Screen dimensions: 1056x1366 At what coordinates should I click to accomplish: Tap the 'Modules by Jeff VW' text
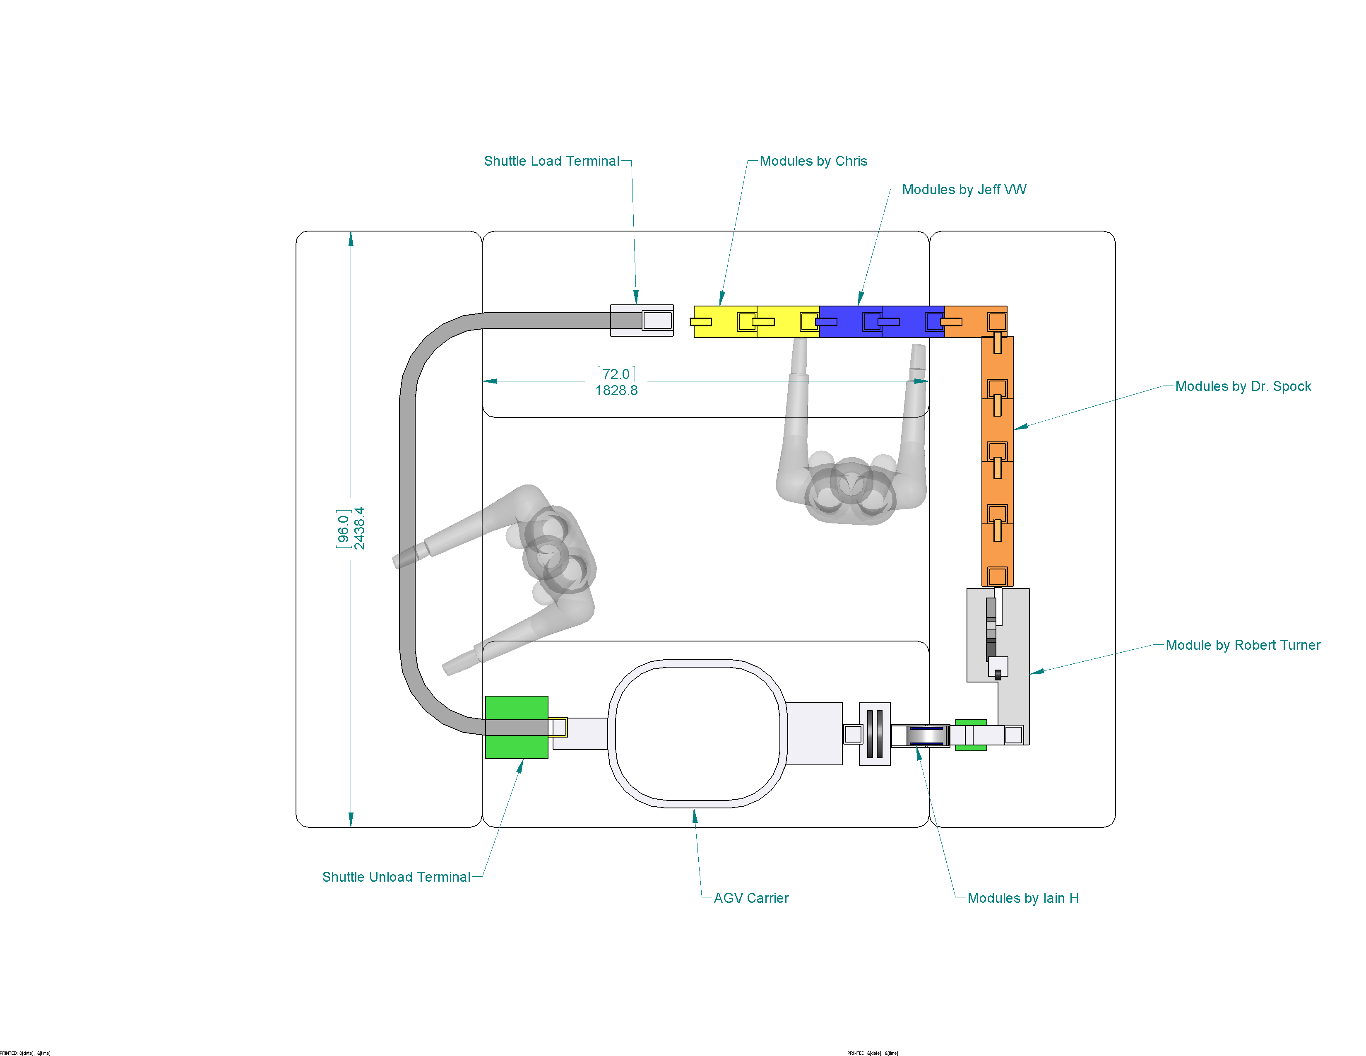pyautogui.click(x=964, y=190)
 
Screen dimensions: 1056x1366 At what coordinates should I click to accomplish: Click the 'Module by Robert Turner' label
pyautogui.click(x=1243, y=645)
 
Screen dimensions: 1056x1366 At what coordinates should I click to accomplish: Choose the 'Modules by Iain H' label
pyautogui.click(x=1022, y=898)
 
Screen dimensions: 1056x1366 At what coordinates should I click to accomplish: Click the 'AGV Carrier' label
pyautogui.click(x=751, y=898)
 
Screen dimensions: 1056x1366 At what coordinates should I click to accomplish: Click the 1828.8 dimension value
pyautogui.click(x=616, y=391)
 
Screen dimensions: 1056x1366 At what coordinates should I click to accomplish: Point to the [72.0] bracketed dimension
pyautogui.click(x=616, y=374)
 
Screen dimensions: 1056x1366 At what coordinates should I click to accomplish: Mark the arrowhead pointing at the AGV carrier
pyautogui.click(x=694, y=815)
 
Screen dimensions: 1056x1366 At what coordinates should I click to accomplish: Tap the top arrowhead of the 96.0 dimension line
pyautogui.click(x=351, y=239)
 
